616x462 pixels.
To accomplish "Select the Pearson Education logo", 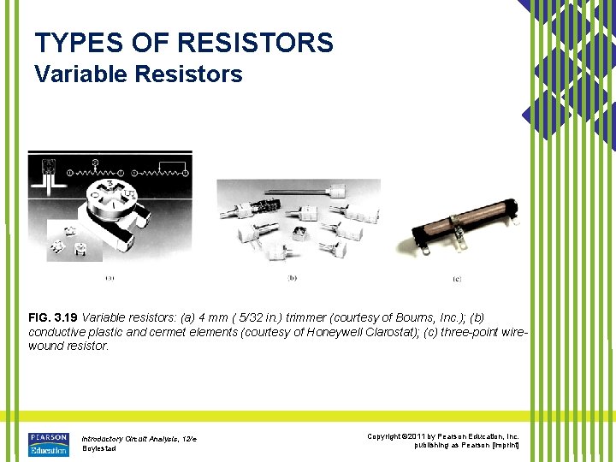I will point(49,444).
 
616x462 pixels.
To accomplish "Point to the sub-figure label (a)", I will point(110,277).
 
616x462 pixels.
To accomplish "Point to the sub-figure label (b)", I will point(293,277).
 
